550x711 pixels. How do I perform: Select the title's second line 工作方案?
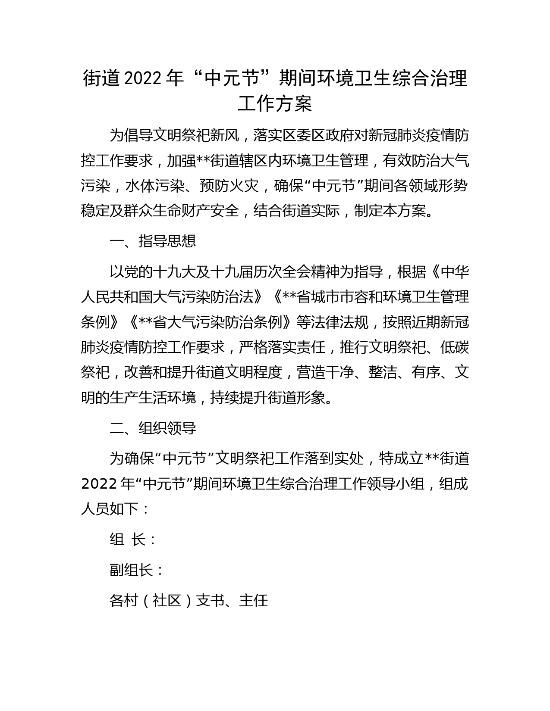275,104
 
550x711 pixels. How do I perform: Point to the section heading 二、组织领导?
153,428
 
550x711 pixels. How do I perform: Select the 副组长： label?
137,570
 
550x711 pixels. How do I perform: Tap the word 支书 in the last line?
210,600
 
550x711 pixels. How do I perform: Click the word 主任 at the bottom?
254,600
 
